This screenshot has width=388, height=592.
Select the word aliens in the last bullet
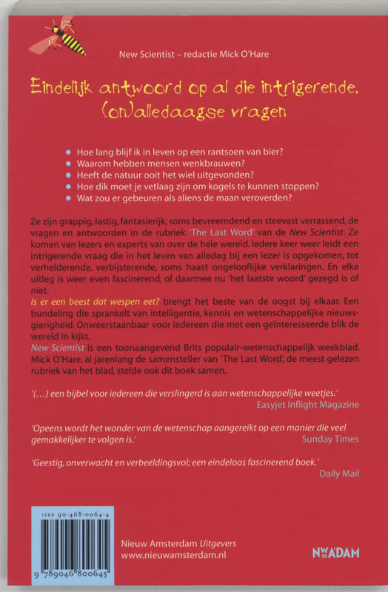207,203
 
